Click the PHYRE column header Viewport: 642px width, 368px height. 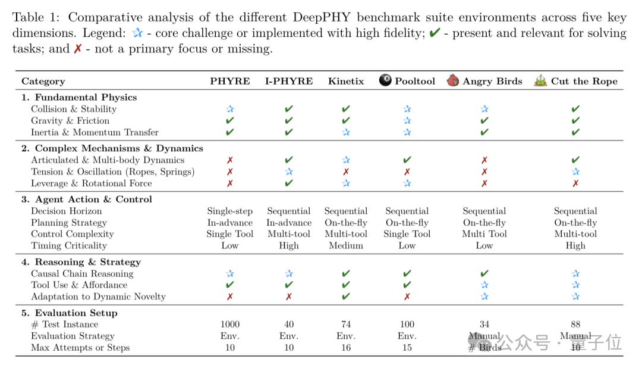tap(229, 82)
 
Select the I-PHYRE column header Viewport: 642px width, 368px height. tap(289, 82)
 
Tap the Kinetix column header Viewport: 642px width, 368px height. tap(346, 82)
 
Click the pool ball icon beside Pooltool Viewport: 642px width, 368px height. tap(386, 80)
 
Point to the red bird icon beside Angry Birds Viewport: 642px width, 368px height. tap(454, 80)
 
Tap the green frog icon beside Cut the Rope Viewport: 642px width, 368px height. tap(540, 80)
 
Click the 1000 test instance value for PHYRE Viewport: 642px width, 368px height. tap(229, 325)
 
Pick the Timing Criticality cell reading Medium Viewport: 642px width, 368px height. tap(346, 245)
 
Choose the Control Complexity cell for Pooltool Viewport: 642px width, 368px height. tap(407, 234)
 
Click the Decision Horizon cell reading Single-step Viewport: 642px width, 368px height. tap(229, 211)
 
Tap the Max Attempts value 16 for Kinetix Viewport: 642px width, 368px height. tap(346, 348)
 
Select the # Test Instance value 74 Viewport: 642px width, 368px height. tap(346, 325)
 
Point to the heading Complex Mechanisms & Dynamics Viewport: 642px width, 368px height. tap(119, 148)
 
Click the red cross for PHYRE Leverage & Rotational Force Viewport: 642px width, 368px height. tap(229, 183)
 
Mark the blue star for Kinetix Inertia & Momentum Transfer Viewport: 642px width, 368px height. tap(346, 132)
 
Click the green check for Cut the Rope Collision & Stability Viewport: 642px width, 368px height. tap(575, 109)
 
